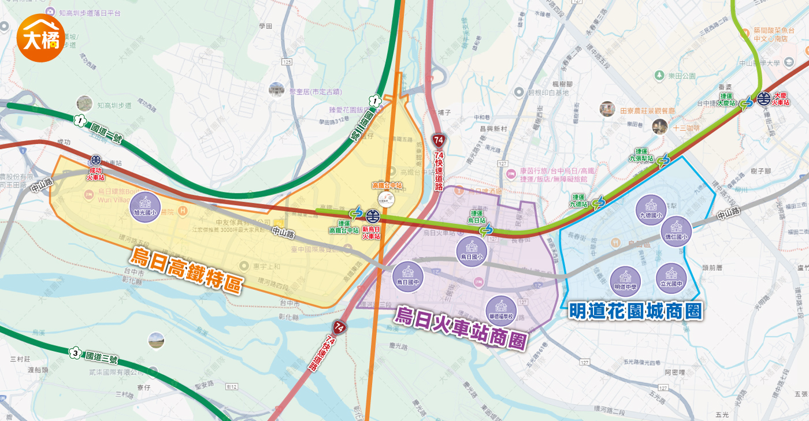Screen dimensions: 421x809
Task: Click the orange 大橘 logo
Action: click(40, 38)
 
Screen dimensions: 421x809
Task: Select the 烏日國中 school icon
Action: click(408, 277)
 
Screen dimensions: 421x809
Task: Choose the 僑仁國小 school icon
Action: click(676, 231)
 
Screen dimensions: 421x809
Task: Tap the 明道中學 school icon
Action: click(625, 281)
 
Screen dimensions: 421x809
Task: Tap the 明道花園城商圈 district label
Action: click(636, 311)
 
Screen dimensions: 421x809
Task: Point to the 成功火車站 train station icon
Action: click(95, 160)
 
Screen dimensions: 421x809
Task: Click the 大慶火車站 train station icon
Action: click(764, 99)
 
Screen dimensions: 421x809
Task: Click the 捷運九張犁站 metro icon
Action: click(664, 160)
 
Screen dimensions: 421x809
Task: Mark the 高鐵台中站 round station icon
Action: click(386, 199)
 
